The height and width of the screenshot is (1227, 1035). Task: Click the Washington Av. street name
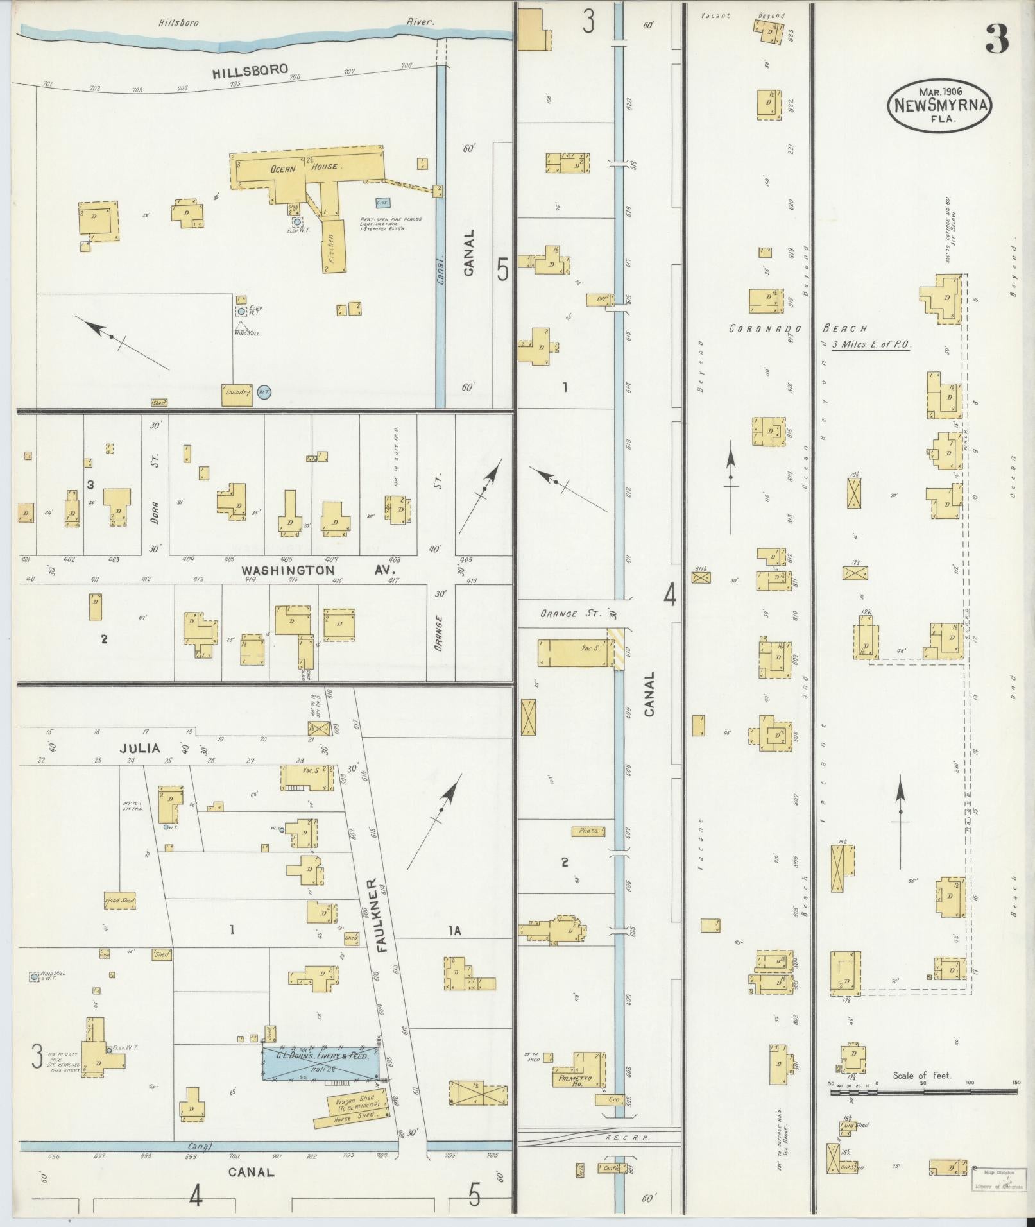[319, 570]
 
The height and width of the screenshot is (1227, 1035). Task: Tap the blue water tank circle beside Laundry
[264, 392]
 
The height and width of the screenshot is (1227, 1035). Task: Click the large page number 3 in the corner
[997, 40]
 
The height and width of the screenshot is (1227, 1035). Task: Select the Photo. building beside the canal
[588, 831]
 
